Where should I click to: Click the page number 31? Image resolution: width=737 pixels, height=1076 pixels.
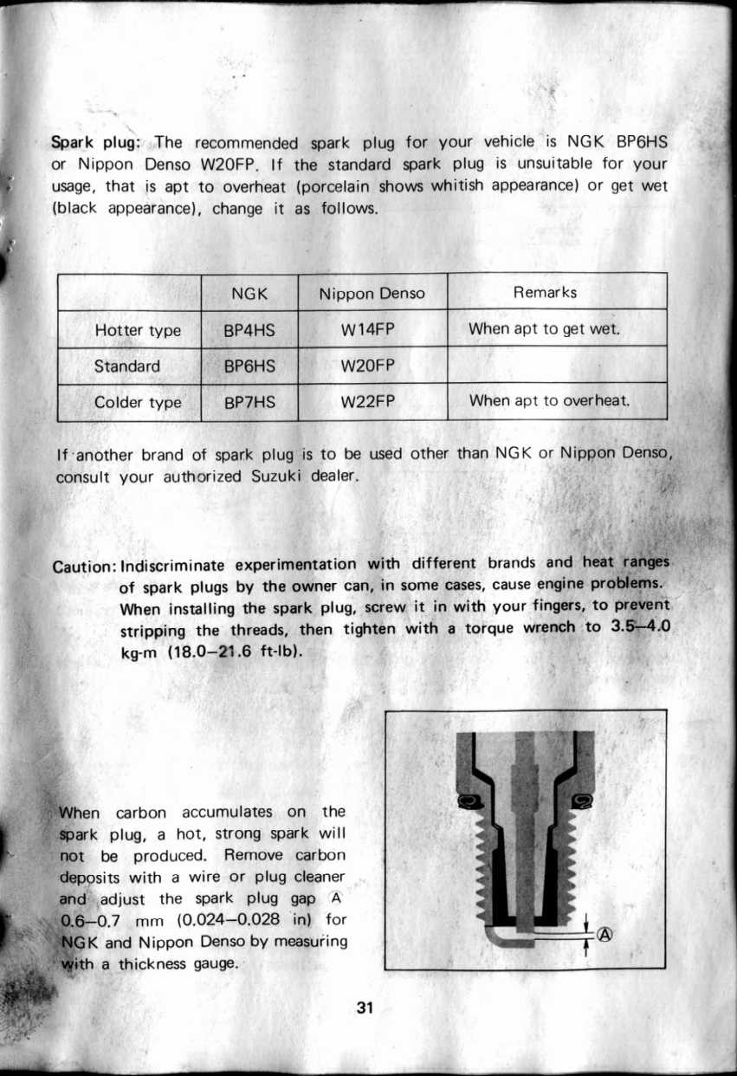[364, 1008]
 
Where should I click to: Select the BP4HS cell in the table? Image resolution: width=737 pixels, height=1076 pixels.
[249, 330]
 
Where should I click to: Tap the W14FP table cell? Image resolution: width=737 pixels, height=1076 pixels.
[372, 330]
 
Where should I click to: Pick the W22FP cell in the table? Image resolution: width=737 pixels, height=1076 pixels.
[372, 402]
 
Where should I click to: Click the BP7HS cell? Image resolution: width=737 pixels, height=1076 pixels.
[249, 402]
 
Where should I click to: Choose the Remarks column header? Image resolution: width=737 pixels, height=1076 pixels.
[545, 292]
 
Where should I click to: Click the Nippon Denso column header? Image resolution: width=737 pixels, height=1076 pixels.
[372, 294]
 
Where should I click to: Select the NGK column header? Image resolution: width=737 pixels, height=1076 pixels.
[249, 294]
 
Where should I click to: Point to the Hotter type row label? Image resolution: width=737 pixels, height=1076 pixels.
[138, 331]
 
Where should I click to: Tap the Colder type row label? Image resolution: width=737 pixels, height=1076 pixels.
[138, 403]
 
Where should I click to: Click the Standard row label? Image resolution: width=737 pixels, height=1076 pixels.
[127, 366]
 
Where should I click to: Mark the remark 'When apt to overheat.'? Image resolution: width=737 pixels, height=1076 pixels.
[548, 401]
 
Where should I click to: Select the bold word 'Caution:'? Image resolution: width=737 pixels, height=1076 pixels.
[86, 565]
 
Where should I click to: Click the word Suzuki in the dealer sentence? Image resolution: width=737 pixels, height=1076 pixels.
[277, 476]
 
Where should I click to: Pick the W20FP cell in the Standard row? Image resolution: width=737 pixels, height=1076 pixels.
[372, 366]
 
